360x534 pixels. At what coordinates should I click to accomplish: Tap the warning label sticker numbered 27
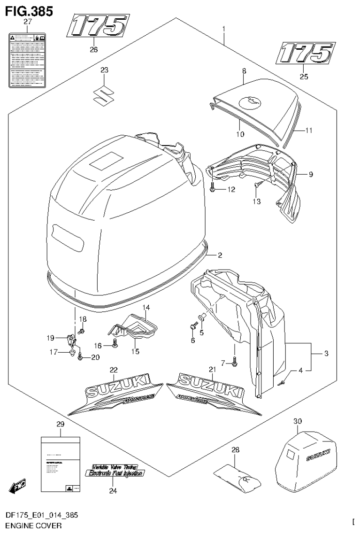pos(27,61)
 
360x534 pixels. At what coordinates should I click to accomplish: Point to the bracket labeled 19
pos(71,339)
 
